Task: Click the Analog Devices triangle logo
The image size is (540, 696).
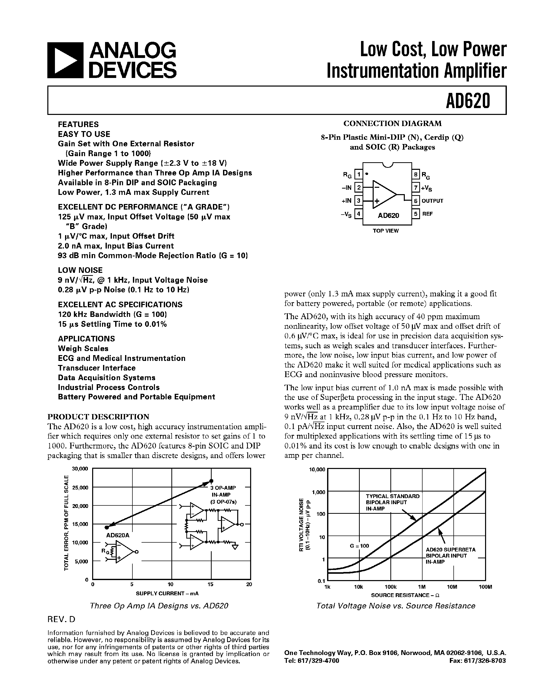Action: pos(65,60)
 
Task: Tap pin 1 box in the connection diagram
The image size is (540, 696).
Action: pos(359,174)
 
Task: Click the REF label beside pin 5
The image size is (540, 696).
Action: pos(428,214)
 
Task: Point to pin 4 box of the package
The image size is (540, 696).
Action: pos(359,214)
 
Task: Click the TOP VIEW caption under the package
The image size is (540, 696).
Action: pos(386,231)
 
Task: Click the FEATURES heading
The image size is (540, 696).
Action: pos(78,124)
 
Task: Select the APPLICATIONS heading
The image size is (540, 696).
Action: pos(86,338)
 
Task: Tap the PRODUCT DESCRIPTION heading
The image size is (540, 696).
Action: pos(98,417)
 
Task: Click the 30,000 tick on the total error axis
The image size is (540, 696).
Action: pos(80,469)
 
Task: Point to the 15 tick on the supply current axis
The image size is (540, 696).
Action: pos(210,584)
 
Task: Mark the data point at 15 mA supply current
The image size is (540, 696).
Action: pos(211,481)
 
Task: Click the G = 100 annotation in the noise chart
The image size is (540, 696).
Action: pos(359,546)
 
